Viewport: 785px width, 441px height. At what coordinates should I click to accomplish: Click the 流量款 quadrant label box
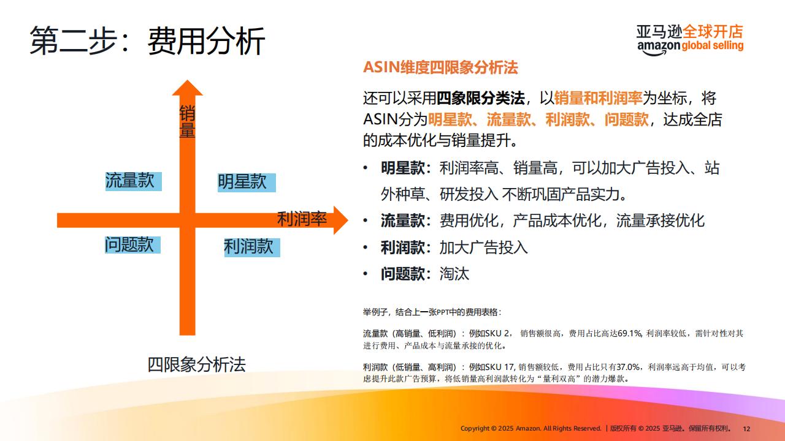coord(134,181)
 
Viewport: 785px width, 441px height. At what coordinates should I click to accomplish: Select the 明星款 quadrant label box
coord(247,183)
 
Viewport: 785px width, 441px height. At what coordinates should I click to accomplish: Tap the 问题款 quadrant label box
coord(133,244)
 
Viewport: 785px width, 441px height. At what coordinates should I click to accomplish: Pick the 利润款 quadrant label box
coord(252,247)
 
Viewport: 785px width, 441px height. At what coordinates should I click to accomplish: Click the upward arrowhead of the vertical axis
coord(188,88)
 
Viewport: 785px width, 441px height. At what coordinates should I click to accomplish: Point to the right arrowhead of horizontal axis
coord(340,220)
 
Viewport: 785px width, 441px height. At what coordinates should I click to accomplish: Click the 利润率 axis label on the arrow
coord(302,219)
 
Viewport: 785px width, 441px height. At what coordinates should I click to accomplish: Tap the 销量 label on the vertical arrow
coord(187,121)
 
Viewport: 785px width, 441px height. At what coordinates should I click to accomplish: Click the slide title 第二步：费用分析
coord(147,41)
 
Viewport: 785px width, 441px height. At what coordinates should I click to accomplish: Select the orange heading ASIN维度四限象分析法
coord(440,67)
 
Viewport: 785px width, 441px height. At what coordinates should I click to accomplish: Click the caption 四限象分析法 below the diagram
coord(197,364)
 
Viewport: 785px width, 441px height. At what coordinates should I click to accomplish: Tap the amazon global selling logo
coord(690,40)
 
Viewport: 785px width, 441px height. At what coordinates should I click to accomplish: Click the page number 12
coord(746,429)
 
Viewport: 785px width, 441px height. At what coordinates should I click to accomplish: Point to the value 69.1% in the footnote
coord(630,334)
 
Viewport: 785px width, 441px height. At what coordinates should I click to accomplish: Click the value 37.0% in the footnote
coord(629,367)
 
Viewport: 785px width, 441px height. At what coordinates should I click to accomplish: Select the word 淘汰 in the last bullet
coord(454,274)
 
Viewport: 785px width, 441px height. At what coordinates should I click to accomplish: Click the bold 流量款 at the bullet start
coord(403,221)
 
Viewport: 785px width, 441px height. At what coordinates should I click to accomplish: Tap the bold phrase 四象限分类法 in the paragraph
coord(480,98)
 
